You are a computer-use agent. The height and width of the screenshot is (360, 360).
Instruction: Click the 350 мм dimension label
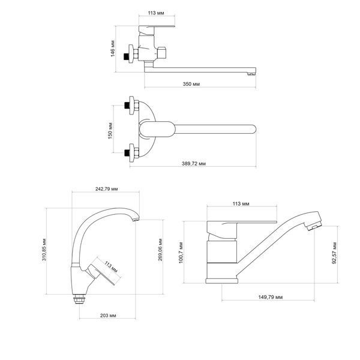pyautogui.click(x=191, y=84)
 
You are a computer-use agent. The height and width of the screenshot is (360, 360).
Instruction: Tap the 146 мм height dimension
pyautogui.click(x=113, y=49)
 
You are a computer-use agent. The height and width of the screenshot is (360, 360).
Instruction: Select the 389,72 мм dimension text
pyautogui.click(x=194, y=163)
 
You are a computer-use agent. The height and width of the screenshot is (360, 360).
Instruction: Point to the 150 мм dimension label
pyautogui.click(x=110, y=131)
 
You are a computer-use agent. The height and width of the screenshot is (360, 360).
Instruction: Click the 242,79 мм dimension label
pyautogui.click(x=107, y=189)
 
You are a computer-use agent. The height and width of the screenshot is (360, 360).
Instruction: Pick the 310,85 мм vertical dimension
pyautogui.click(x=44, y=250)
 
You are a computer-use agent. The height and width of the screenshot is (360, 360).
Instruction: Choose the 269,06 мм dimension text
pyautogui.click(x=160, y=250)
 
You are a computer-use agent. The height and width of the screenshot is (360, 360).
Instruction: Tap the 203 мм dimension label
pyautogui.click(x=108, y=316)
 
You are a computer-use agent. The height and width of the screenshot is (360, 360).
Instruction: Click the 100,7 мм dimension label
pyautogui.click(x=181, y=253)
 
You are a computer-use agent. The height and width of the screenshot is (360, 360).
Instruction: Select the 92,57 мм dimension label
pyautogui.click(x=334, y=253)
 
